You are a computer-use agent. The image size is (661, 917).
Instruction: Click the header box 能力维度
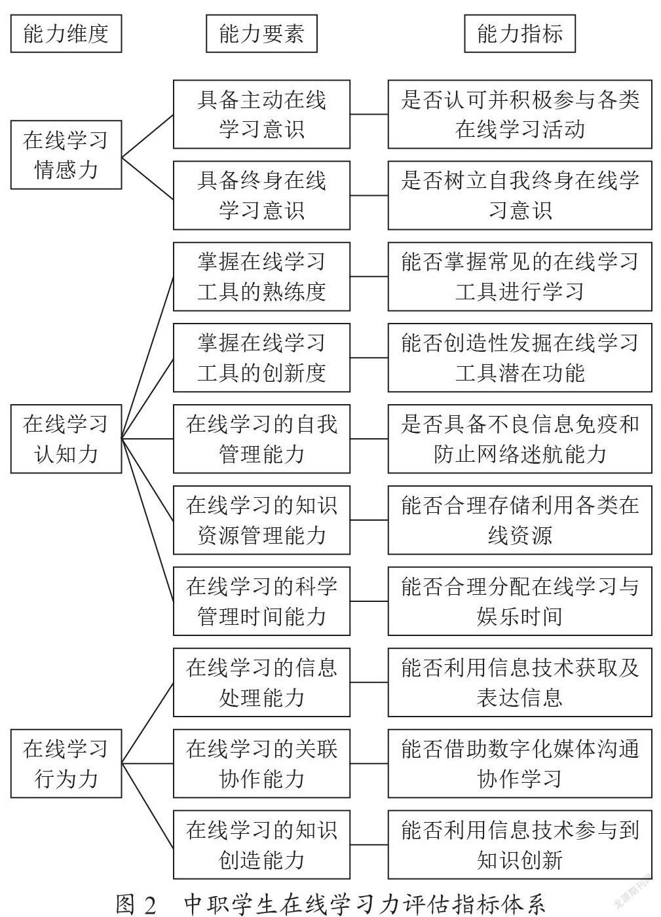pos(66,33)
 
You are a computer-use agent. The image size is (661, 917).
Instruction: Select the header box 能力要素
pos(261,33)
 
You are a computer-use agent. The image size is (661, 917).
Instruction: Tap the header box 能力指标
pos(519,33)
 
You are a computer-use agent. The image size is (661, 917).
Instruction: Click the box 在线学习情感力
pos(66,155)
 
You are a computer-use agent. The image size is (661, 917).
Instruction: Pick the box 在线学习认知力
pos(66,439)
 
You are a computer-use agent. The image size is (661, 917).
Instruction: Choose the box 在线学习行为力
pos(66,764)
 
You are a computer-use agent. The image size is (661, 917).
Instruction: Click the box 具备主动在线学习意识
pos(261,114)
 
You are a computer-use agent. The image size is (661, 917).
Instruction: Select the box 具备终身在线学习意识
pos(261,195)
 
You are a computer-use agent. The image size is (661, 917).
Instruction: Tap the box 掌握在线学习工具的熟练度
pos(261,276)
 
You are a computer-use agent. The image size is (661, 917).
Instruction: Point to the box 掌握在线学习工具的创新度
pos(261,358)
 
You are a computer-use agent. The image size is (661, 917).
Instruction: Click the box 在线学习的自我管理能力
pos(261,439)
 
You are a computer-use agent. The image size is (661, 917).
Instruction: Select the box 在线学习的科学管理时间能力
pos(261,601)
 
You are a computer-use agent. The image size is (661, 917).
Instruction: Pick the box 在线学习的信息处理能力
pos(261,683)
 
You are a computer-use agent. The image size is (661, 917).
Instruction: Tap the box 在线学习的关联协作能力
pos(261,764)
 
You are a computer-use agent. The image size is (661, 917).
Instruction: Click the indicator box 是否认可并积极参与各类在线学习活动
pos(519,114)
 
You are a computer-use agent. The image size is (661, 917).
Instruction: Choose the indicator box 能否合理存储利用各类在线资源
pos(519,520)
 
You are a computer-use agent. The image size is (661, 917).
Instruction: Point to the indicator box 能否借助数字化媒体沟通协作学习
pos(519,764)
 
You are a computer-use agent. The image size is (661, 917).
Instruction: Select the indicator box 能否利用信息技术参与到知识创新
pos(519,844)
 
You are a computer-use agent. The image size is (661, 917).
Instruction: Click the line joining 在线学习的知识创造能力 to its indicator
pos(369,844)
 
